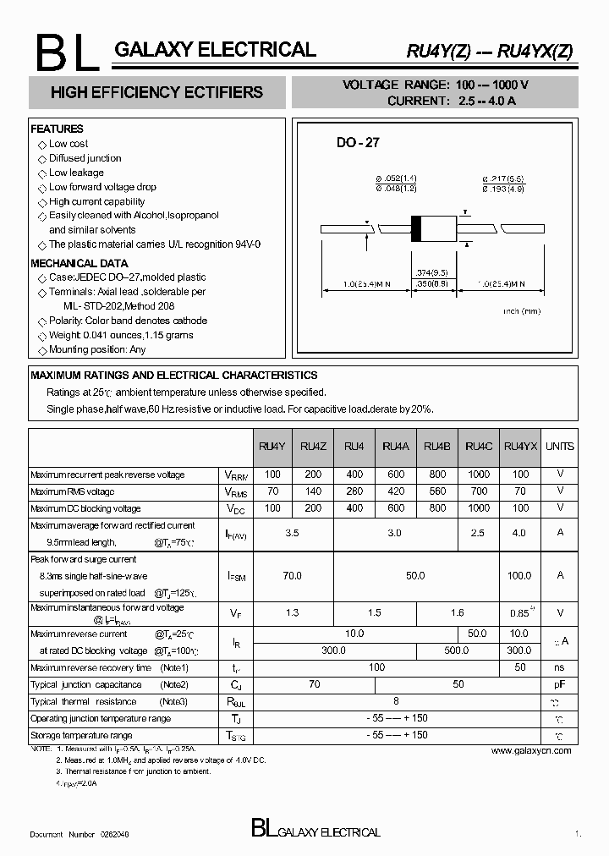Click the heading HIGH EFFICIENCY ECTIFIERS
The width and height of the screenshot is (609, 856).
coord(156,93)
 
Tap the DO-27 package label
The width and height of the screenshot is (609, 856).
coord(358,143)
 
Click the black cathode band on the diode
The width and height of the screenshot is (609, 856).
coord(416,228)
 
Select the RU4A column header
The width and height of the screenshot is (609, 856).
coord(396,446)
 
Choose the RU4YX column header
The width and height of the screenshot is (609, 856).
coord(520,446)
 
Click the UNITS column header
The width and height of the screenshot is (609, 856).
coord(559,446)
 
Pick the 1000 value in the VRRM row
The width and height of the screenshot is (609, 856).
coord(478,475)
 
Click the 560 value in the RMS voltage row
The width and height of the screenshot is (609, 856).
coord(436,491)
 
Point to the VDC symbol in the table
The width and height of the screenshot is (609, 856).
coord(236,509)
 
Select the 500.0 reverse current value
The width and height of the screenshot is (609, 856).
coord(457,650)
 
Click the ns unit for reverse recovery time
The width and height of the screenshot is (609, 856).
coord(559,667)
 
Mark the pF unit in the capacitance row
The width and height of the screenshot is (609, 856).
coord(559,684)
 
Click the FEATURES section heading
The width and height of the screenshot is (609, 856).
coord(57,129)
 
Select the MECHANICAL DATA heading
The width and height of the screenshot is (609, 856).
coord(79,263)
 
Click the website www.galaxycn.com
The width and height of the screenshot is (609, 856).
coord(530,750)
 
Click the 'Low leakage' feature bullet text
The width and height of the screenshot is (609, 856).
coord(76,173)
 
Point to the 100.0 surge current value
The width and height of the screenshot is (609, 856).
coord(520,575)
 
